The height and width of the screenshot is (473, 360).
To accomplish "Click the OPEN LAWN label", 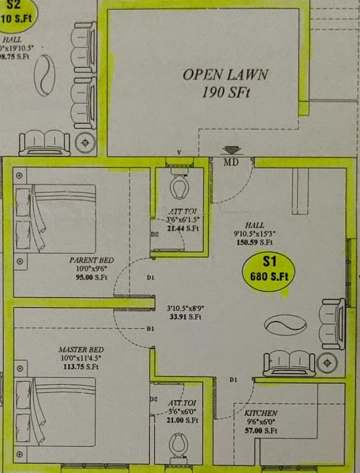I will pos(225,74).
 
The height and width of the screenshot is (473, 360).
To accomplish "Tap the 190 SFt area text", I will pos(226,92).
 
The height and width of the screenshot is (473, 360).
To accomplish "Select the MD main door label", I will pos(231,162).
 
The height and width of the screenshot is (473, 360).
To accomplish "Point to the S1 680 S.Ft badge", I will pos(269,269).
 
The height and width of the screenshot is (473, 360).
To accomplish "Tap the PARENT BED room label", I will pos(92,260).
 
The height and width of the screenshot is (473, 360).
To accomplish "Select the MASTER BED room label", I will pos(81,350).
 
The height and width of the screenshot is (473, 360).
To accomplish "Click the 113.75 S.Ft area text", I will pos(81,367).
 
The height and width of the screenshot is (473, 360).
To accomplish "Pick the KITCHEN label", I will pos(261,413).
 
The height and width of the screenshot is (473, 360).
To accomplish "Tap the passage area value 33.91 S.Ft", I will pos(184,316).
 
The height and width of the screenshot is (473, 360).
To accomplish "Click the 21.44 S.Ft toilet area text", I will pos(182,228).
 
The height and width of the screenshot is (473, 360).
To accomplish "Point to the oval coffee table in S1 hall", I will pos(285,325).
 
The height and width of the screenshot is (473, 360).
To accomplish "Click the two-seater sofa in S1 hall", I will pos(289,363).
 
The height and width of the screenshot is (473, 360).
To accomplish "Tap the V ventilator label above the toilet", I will pos(179,153).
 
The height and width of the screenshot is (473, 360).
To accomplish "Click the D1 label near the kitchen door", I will pos(233,379).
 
